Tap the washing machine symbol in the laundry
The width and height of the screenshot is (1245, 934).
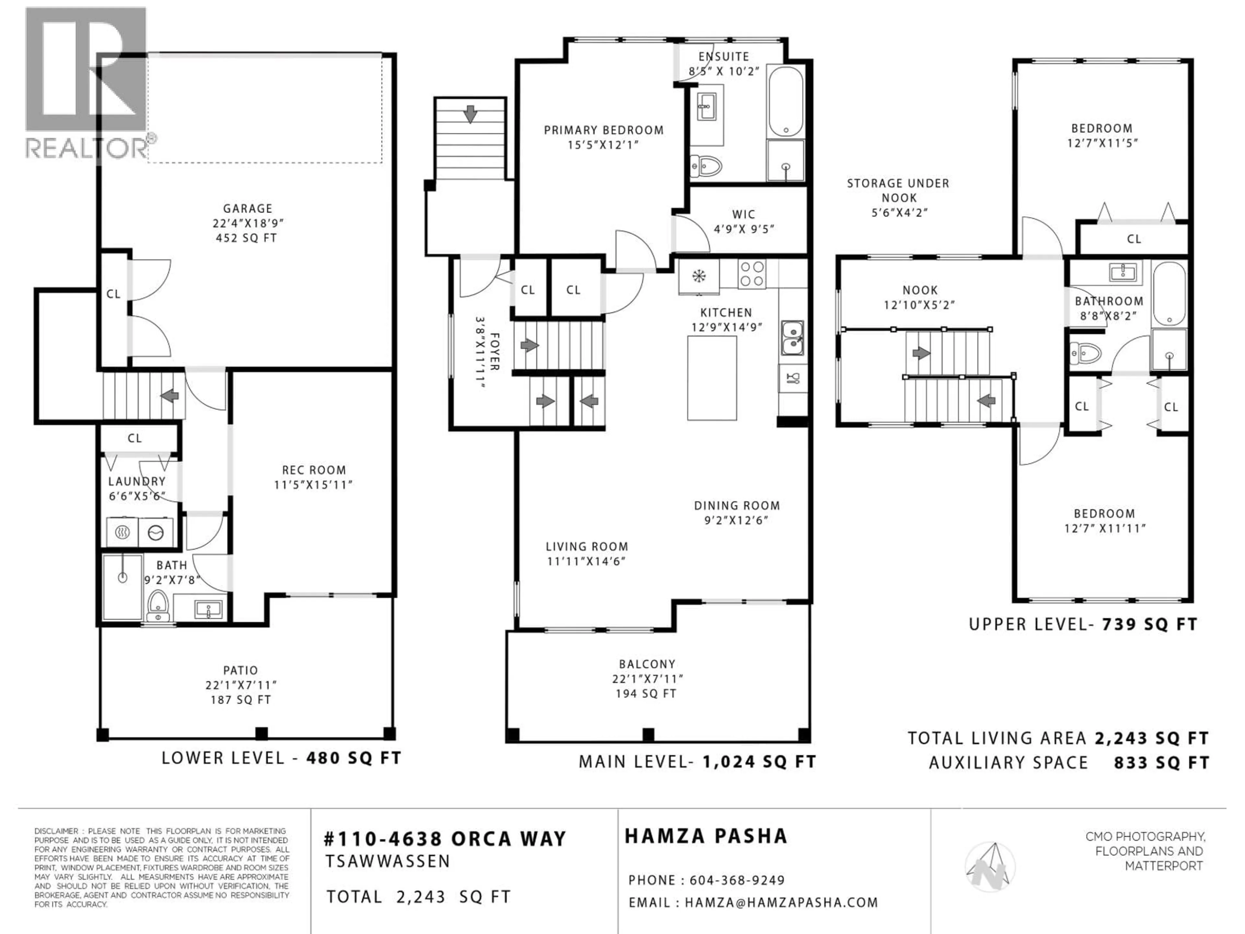point(155,532)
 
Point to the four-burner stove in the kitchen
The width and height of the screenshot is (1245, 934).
point(752,274)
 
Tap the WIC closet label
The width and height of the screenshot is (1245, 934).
point(743,214)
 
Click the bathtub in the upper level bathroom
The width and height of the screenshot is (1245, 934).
point(1169,294)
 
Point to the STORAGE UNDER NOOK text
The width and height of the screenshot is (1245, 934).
point(898,190)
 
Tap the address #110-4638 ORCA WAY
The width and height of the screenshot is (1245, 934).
point(445,839)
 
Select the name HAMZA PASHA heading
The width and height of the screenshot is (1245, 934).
point(706,836)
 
